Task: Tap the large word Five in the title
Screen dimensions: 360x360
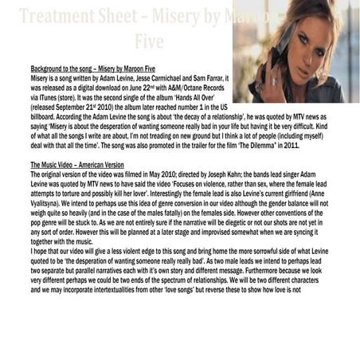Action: (x=151, y=40)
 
